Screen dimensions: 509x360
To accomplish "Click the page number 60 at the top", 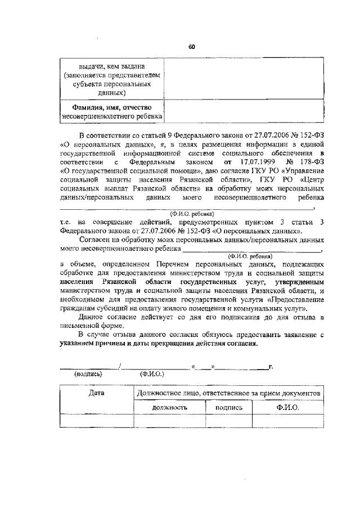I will (x=191, y=47).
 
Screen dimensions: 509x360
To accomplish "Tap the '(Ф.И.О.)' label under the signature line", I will (x=151, y=374).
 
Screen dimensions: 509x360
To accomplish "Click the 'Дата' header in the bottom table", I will (x=96, y=394).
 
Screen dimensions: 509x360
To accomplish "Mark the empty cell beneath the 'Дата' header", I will (x=96, y=421).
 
